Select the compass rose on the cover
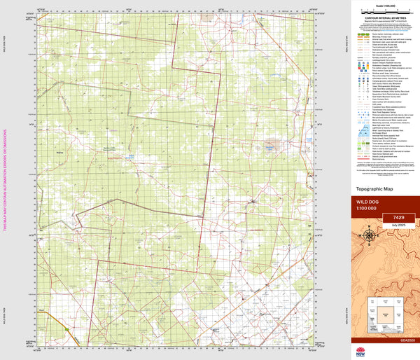click(x=369, y=235)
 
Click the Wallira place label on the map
click(x=59, y=151)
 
